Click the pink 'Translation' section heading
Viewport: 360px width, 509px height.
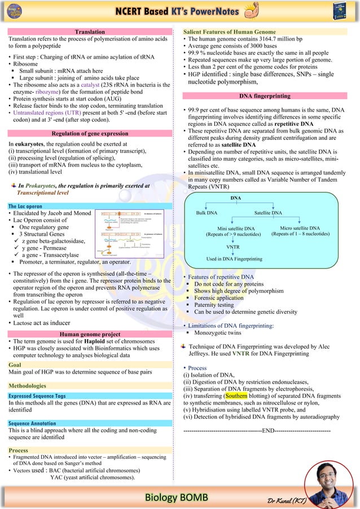click(90, 32)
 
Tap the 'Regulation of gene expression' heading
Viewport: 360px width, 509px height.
click(90, 134)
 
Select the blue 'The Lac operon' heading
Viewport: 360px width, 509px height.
click(25, 207)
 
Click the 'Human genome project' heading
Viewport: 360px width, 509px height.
click(90, 335)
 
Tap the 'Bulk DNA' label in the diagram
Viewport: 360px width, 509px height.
click(207, 213)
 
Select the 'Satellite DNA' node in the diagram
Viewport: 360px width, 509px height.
click(268, 213)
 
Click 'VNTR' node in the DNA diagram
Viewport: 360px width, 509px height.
click(233, 247)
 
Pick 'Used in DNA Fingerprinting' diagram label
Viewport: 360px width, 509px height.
click(234, 258)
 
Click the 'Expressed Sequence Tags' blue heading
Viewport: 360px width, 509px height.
click(37, 396)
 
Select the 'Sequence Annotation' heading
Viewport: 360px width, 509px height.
click(32, 423)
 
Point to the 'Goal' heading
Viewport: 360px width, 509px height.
click(15, 365)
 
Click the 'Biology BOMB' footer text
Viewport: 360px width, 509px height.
click(176, 497)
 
